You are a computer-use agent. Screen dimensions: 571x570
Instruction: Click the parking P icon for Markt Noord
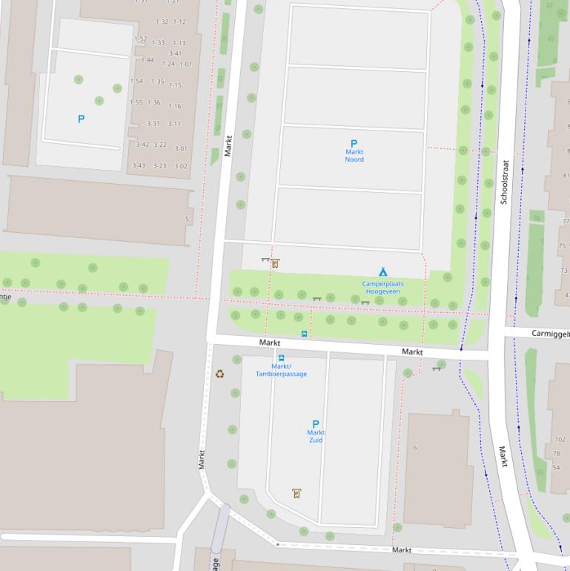click(x=354, y=144)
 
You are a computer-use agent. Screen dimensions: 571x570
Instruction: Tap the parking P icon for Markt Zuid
click(x=316, y=424)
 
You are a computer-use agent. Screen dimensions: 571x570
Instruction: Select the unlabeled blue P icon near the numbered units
click(x=82, y=119)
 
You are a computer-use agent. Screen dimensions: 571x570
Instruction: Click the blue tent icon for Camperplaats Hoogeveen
click(x=382, y=272)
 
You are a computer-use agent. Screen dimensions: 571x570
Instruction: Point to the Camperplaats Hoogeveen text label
click(x=382, y=288)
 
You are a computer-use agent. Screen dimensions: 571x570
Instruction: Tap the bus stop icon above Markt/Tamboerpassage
click(x=281, y=358)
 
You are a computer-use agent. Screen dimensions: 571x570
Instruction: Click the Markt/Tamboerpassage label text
click(x=281, y=370)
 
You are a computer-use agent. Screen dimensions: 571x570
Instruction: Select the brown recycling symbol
click(x=219, y=374)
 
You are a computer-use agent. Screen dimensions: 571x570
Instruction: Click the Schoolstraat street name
click(x=504, y=182)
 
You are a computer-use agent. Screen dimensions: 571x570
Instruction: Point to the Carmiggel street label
click(x=550, y=334)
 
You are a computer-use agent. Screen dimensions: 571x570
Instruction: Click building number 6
click(x=415, y=447)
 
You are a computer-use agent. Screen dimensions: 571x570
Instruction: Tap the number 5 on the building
click(x=187, y=220)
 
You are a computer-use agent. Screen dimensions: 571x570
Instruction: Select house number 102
click(x=559, y=440)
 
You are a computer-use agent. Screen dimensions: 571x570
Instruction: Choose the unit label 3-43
click(x=139, y=165)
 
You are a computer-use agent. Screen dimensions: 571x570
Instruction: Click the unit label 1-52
click(x=140, y=39)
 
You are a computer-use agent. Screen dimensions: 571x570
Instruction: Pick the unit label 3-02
click(x=181, y=166)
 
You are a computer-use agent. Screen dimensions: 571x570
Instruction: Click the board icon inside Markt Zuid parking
click(x=296, y=493)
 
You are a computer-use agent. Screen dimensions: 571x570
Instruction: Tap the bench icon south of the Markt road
click(x=436, y=369)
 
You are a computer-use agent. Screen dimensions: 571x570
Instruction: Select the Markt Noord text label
click(x=354, y=156)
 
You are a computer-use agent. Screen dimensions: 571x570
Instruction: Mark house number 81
click(x=566, y=176)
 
